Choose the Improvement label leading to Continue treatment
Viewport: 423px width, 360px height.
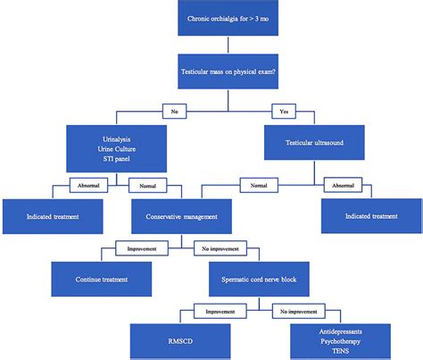137,247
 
